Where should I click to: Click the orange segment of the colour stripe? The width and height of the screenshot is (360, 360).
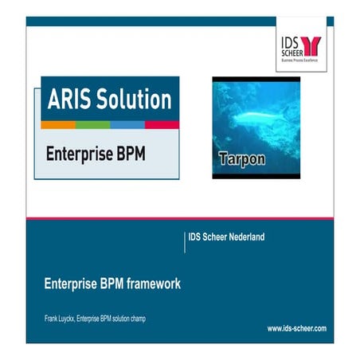pyautogui.click(x=58, y=125)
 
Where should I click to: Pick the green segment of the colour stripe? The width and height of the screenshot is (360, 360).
pyautogui.click(x=92, y=125)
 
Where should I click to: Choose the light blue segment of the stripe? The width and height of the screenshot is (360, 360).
pyautogui.click(x=127, y=125)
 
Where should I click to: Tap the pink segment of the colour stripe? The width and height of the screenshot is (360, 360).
pyautogui.click(x=162, y=125)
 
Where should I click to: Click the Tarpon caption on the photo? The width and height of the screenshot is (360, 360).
pyautogui.click(x=241, y=159)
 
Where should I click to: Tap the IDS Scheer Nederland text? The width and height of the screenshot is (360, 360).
pyautogui.click(x=226, y=237)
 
